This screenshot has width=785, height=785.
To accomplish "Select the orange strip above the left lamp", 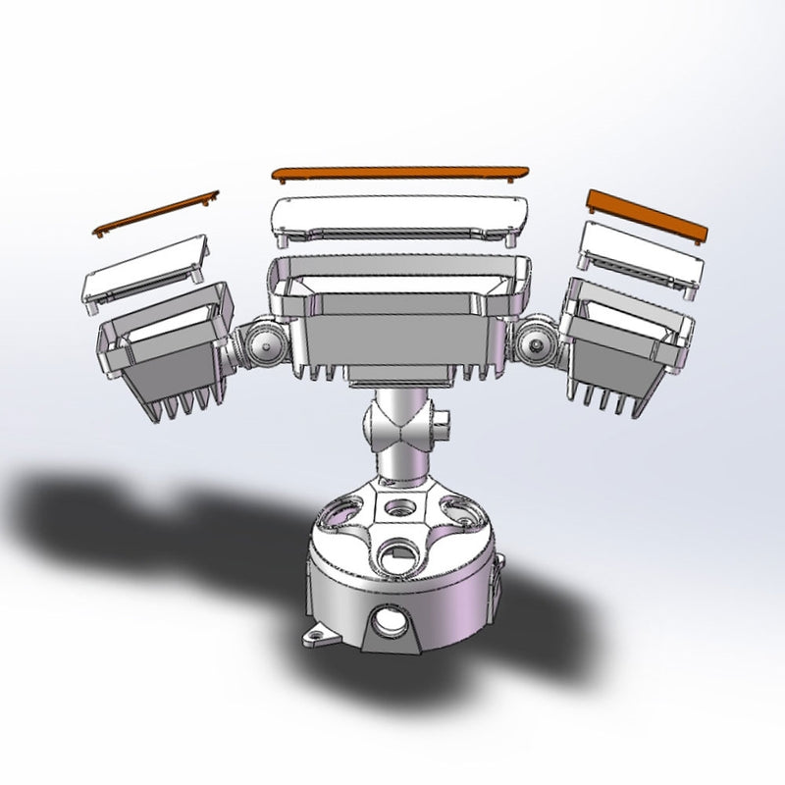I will tap(157, 212).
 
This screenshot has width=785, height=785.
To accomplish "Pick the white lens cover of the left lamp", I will tap(144, 269).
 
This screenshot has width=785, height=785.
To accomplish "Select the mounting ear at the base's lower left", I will tap(316, 638).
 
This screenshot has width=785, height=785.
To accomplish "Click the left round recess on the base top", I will tap(339, 511).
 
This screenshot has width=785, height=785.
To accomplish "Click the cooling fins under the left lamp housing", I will tap(182, 402).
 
